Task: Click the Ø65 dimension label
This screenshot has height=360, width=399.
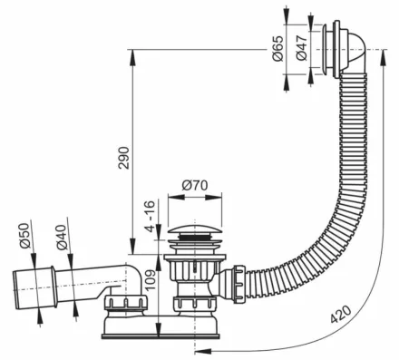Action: point(277,48)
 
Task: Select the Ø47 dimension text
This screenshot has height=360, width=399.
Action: point(301,47)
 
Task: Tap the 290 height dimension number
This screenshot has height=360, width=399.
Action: point(124,158)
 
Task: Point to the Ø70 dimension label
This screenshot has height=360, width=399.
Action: point(195,185)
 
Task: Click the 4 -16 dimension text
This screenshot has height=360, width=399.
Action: point(150,216)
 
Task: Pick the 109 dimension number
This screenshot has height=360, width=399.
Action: point(151,279)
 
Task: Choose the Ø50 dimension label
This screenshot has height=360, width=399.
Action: point(24,236)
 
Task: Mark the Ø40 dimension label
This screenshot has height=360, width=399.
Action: point(62,238)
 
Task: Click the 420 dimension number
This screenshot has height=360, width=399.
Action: point(341,314)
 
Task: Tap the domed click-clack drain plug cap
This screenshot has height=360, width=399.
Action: point(194,230)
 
